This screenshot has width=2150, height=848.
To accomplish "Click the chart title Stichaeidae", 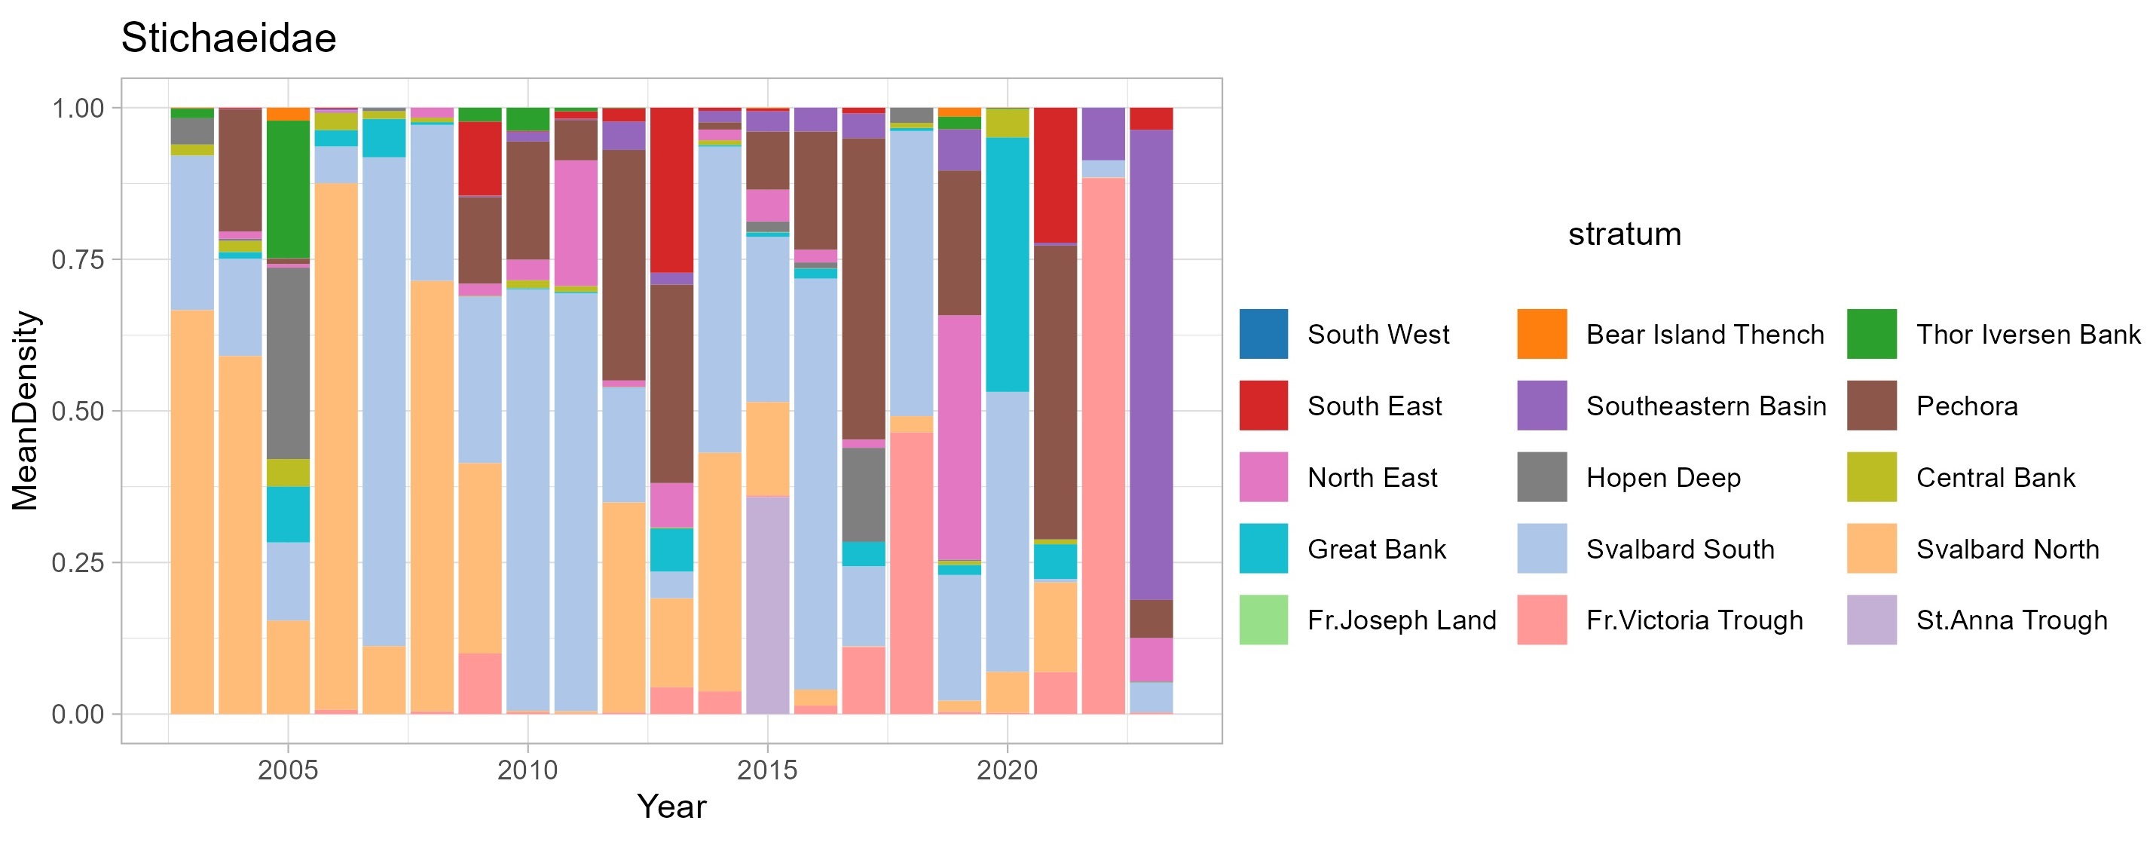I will [x=228, y=38].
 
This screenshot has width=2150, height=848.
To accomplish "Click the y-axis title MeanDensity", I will [x=25, y=411].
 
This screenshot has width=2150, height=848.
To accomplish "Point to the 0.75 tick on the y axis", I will [x=78, y=259].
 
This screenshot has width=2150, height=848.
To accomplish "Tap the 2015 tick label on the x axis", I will [x=766, y=770].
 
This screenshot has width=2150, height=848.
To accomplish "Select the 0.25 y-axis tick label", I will [x=78, y=562].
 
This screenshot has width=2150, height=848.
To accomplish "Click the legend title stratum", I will [x=1624, y=234].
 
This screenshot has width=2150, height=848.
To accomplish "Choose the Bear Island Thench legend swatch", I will [x=1542, y=334].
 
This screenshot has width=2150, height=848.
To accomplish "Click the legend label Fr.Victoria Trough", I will [x=1694, y=620].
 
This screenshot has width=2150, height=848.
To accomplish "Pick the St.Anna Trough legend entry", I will [x=2011, y=620].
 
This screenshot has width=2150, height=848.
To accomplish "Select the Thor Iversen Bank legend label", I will [x=2028, y=334].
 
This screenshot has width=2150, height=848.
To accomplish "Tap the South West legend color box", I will [x=1264, y=334].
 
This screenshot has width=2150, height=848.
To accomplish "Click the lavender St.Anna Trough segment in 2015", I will [x=767, y=605].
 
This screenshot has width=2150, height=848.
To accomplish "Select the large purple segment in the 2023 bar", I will [x=1151, y=365].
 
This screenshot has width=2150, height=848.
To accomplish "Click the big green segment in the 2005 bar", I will [x=288, y=189].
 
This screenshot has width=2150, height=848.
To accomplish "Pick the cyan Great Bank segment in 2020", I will [x=1008, y=265].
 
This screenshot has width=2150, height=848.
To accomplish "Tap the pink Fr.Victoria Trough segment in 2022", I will [x=1103, y=445].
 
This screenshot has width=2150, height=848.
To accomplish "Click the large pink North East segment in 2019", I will [x=959, y=436].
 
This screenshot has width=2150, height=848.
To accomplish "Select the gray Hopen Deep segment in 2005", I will [x=288, y=363].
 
